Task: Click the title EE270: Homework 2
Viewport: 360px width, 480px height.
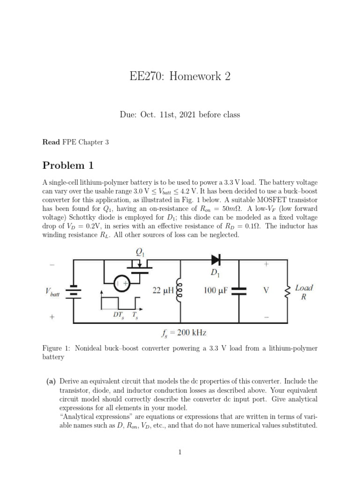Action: point(180,76)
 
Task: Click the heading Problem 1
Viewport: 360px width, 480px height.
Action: point(68,165)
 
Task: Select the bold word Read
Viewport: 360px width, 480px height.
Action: point(51,142)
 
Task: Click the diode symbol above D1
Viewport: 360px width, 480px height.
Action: point(216,259)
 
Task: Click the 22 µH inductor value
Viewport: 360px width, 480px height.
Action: point(164,291)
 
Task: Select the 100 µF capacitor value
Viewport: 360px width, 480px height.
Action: point(215,291)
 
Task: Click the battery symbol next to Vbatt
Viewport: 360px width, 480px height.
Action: point(73,292)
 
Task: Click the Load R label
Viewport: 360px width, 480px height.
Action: point(304,292)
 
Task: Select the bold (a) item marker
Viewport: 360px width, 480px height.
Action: point(51,382)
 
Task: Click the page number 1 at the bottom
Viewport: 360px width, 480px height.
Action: point(180,451)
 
